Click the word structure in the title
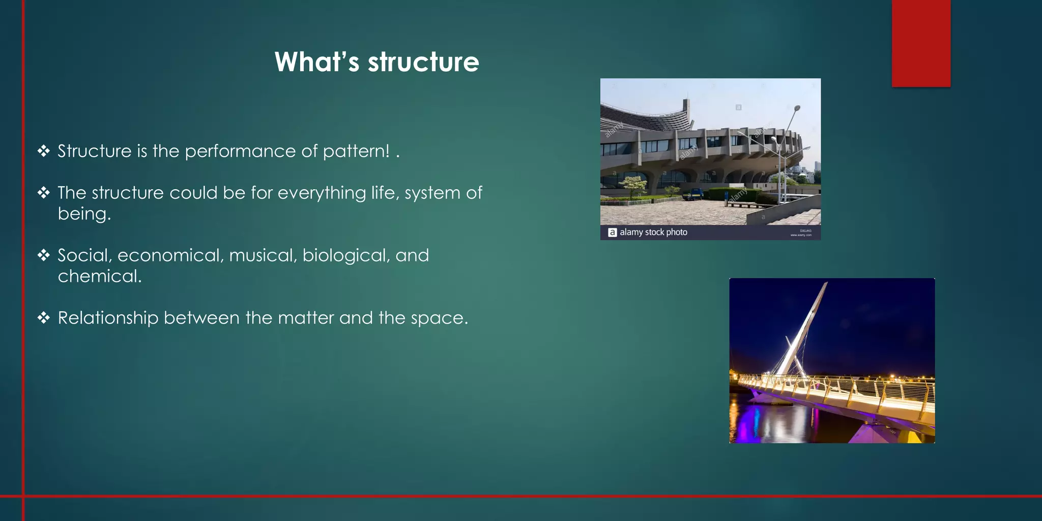[423, 62]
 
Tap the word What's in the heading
[316, 62]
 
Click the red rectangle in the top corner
[921, 43]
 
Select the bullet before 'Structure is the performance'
[44, 151]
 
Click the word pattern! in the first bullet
[356, 152]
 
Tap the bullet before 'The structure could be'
[44, 192]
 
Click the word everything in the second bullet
[322, 193]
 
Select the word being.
[84, 214]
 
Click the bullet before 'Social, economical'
[44, 255]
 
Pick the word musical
[263, 255]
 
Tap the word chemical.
[99, 276]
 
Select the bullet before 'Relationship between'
[44, 318]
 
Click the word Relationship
[108, 319]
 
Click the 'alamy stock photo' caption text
[653, 233]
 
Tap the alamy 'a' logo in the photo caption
[613, 233]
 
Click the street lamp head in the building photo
[797, 108]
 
